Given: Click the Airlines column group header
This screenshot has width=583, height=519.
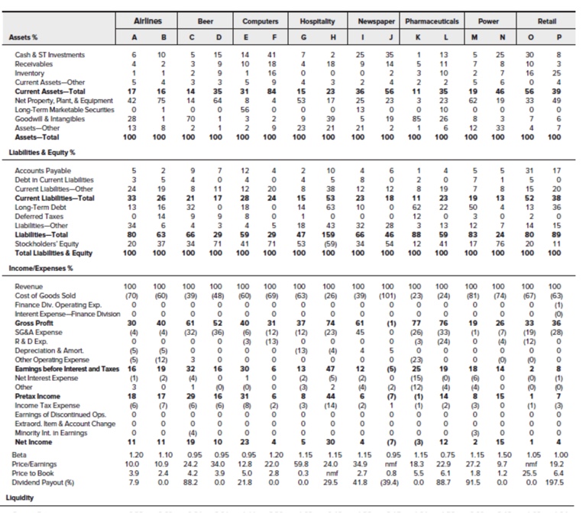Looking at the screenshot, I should (148, 22).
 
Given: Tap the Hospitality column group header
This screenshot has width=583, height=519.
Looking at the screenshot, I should (316, 22).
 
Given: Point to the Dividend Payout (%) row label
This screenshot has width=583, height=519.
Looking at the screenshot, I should (48, 482).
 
